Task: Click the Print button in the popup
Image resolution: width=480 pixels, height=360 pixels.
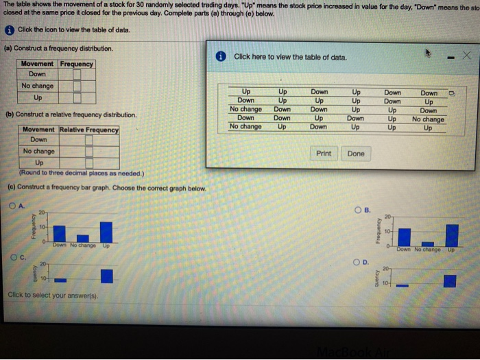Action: click(324, 154)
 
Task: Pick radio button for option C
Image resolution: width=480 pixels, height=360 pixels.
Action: click(13, 258)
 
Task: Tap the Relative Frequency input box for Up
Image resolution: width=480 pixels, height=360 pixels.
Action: click(90, 162)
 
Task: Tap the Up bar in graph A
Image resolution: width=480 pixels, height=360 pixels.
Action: click(106, 231)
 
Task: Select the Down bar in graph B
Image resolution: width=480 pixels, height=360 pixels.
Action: click(405, 236)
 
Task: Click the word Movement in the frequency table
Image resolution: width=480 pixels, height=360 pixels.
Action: click(38, 64)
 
